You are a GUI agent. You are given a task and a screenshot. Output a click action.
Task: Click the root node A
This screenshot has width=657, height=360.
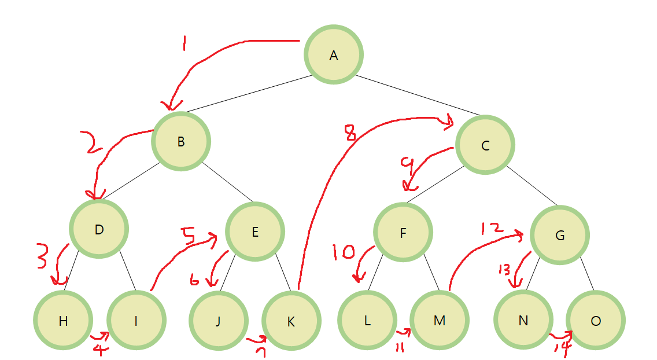coord(334,55)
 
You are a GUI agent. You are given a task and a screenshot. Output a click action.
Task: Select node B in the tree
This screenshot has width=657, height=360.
coord(181,141)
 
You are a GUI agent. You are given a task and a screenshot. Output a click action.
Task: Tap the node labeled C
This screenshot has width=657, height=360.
coord(485,145)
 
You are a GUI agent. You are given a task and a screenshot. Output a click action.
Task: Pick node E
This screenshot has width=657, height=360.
coord(255,232)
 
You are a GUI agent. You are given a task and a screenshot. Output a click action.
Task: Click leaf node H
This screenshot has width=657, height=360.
coord(64,321)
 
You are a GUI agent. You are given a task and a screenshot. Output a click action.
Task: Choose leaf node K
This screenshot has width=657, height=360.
coord(291,321)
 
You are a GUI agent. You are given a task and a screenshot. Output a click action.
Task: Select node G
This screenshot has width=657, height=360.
coord(559,235)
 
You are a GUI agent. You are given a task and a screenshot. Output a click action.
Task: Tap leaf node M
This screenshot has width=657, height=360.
coord(439,321)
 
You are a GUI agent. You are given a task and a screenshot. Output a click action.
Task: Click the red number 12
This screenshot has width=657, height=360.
coord(489,228)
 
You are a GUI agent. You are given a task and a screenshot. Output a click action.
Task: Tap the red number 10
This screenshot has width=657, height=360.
coord(344,252)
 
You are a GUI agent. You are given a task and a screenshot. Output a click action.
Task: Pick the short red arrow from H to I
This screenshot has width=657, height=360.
coord(99,336)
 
